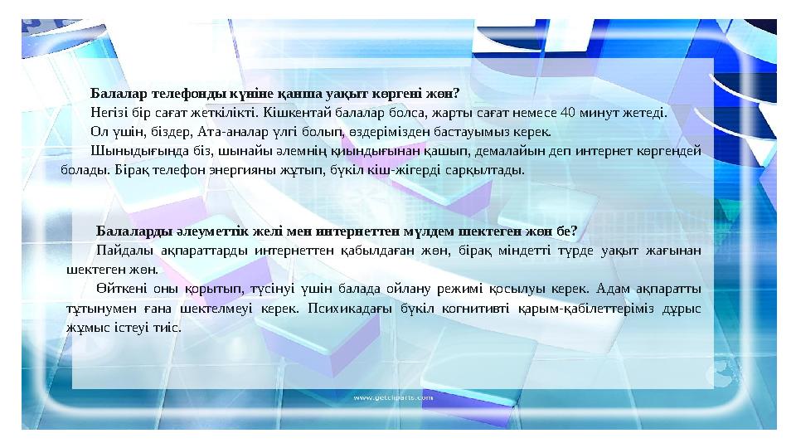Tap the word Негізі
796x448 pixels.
tap(109, 112)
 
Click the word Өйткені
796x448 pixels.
tap(120, 289)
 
